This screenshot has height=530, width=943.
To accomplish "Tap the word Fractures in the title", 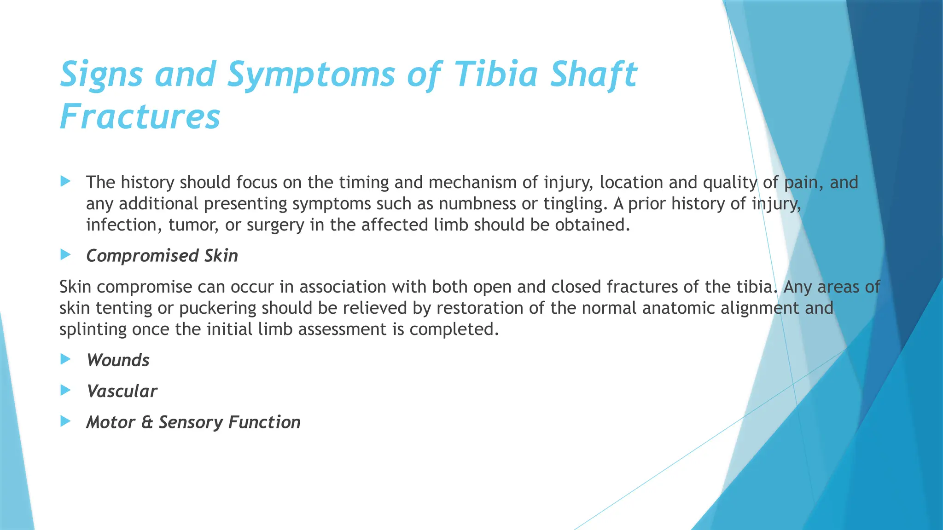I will (140, 117).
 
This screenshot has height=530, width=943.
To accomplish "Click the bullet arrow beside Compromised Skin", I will (65, 254).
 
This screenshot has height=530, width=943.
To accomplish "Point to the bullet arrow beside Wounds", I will (65, 359).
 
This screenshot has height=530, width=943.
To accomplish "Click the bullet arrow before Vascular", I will (65, 390).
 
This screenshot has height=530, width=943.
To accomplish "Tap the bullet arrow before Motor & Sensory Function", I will (65, 421).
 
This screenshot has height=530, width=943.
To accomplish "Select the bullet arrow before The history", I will (65, 181).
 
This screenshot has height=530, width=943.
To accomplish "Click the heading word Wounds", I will (118, 360).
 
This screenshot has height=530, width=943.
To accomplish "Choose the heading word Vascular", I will (122, 392).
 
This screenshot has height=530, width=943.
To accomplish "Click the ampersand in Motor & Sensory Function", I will (147, 422).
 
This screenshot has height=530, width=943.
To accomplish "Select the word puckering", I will (217, 308).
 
